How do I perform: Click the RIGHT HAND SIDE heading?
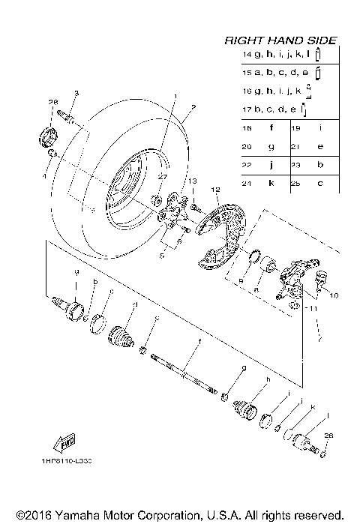[x=280, y=40]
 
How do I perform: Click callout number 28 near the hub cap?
[x=53, y=102]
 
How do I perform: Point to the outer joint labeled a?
[x=71, y=308]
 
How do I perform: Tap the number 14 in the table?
[x=247, y=55]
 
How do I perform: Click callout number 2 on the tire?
[x=193, y=108]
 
